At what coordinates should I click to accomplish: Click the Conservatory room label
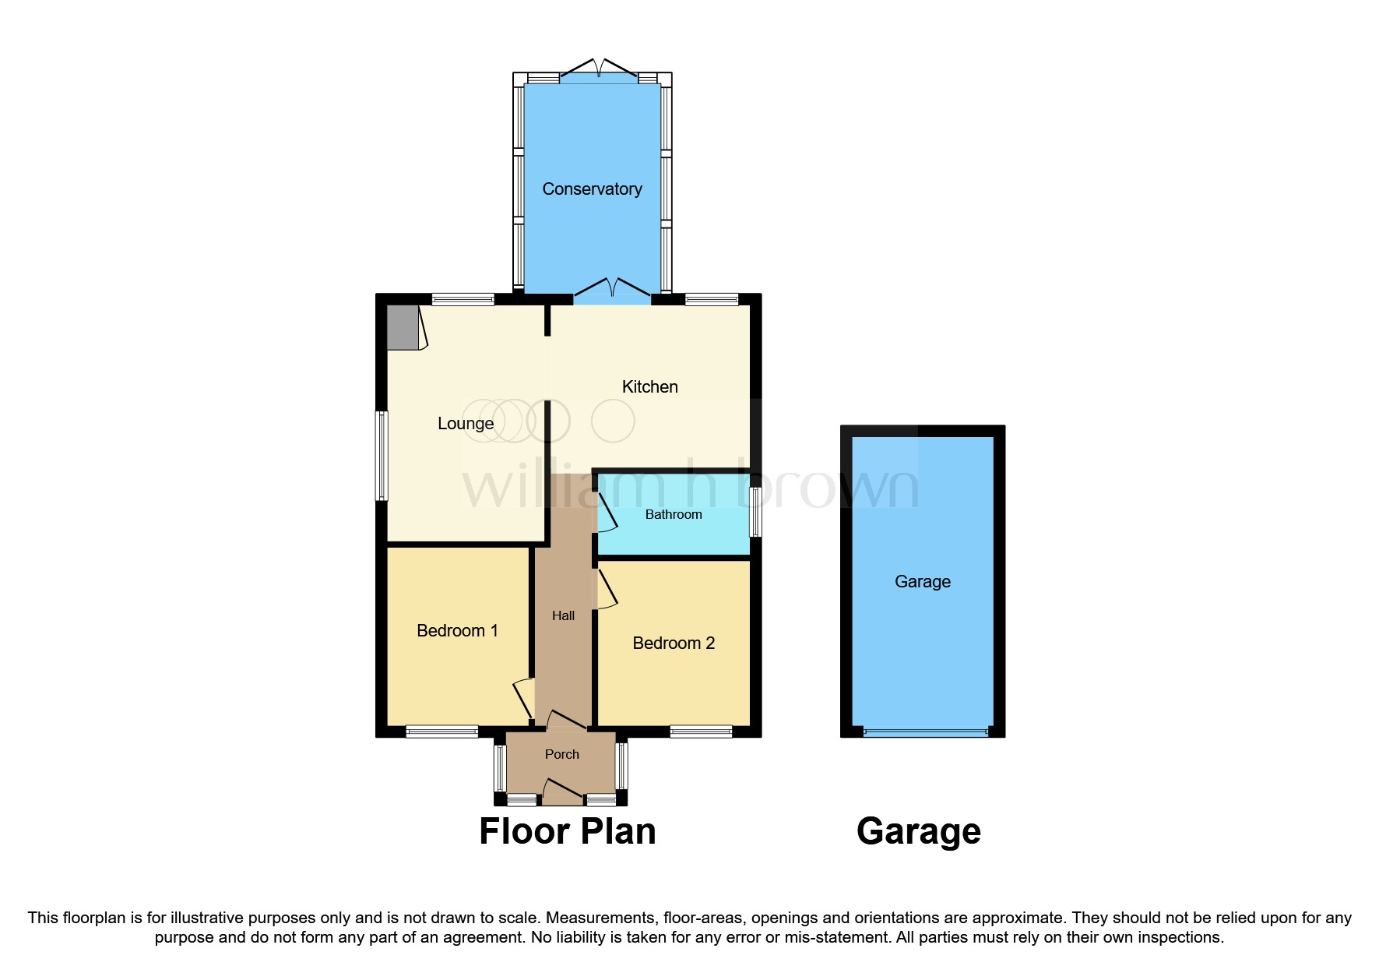click(x=592, y=189)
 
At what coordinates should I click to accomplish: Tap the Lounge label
click(x=466, y=423)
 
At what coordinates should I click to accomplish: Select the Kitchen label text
click(x=649, y=386)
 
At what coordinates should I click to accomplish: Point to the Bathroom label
click(x=674, y=514)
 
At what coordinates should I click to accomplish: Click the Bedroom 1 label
click(x=457, y=630)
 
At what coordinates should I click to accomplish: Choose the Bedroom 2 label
click(x=674, y=643)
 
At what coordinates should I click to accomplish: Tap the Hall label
click(x=563, y=615)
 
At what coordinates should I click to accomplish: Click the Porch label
click(x=562, y=754)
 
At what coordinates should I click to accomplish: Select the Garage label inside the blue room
click(x=923, y=581)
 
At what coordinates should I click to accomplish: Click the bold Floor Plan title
click(x=567, y=831)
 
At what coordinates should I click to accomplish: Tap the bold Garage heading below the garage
click(x=918, y=831)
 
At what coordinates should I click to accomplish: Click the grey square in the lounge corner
click(x=403, y=327)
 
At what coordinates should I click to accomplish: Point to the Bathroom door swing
click(x=606, y=512)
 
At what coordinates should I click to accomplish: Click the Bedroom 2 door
click(x=607, y=590)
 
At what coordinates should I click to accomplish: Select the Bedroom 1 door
click(x=523, y=700)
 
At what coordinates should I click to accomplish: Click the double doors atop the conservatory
click(x=598, y=69)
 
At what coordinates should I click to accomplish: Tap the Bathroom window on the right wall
click(x=755, y=511)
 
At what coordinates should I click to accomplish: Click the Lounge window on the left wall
click(x=382, y=455)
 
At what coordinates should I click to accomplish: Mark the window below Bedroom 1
click(x=441, y=732)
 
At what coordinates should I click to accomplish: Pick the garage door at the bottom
click(x=925, y=732)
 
